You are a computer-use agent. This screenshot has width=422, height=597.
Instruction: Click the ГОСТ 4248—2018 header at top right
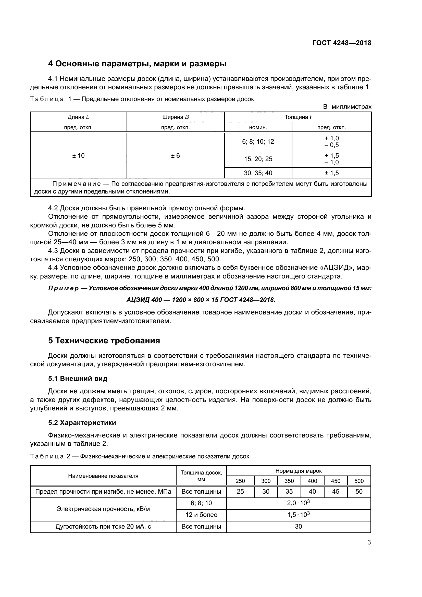[342, 43]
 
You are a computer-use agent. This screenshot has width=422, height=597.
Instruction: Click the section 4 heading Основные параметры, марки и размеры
[137, 64]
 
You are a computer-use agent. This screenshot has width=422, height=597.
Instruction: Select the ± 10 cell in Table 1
[78, 156]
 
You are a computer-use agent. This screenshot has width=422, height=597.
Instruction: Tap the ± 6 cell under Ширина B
[175, 156]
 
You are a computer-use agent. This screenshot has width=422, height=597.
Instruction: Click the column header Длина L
[78, 117]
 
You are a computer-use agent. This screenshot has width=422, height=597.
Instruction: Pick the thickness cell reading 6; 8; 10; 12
[258, 142]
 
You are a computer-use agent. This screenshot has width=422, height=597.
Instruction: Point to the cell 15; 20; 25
[258, 159]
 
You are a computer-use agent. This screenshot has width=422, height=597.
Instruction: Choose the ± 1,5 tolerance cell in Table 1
[332, 173]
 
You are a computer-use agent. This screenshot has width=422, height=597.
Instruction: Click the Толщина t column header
[298, 117]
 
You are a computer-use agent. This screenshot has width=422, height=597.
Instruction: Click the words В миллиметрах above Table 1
[347, 107]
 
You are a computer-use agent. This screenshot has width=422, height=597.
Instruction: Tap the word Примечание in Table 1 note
[77, 184]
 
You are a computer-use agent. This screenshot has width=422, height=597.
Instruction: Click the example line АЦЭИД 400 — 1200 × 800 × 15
[201, 300]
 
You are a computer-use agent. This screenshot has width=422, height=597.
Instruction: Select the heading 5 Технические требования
[104, 341]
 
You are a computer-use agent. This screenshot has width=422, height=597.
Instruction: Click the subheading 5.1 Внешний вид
[78, 379]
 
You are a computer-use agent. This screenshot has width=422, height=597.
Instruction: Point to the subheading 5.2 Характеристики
[82, 423]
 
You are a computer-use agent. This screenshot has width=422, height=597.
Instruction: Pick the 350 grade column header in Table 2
[289, 481]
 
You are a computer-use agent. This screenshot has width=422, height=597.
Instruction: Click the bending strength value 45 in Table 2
[336, 492]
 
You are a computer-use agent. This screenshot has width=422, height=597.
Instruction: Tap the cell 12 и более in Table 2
[201, 515]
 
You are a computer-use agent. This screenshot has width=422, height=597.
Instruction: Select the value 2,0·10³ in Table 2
[298, 503]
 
